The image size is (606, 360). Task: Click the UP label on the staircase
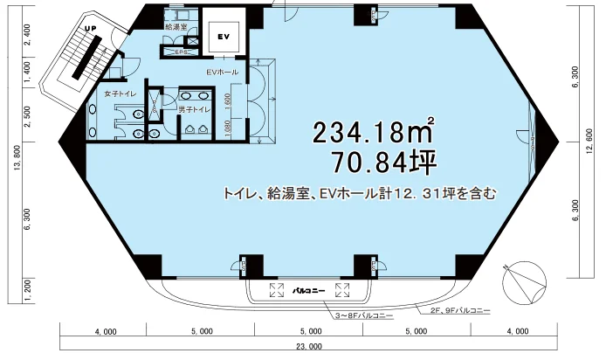(x=89, y=29)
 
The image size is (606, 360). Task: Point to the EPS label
(x=182, y=52)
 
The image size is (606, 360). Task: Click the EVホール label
(x=221, y=70)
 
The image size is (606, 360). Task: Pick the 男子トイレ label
(x=193, y=110)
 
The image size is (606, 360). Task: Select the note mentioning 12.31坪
(x=360, y=194)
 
